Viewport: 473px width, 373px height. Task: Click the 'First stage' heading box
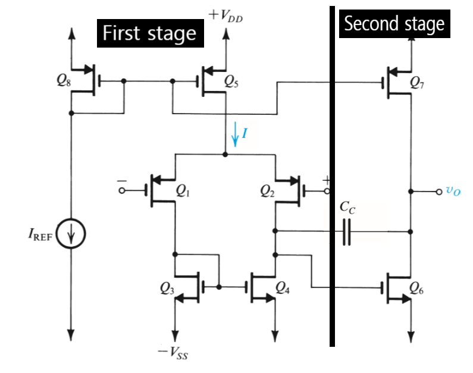(x=150, y=33)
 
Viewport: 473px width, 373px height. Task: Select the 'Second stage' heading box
(x=394, y=24)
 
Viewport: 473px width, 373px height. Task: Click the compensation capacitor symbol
(x=347, y=231)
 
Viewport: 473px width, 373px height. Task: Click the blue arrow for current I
(x=236, y=134)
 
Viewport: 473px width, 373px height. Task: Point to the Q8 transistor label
(x=61, y=82)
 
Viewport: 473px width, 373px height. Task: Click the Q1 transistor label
(x=184, y=190)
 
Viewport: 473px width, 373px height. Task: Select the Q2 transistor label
(x=269, y=190)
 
